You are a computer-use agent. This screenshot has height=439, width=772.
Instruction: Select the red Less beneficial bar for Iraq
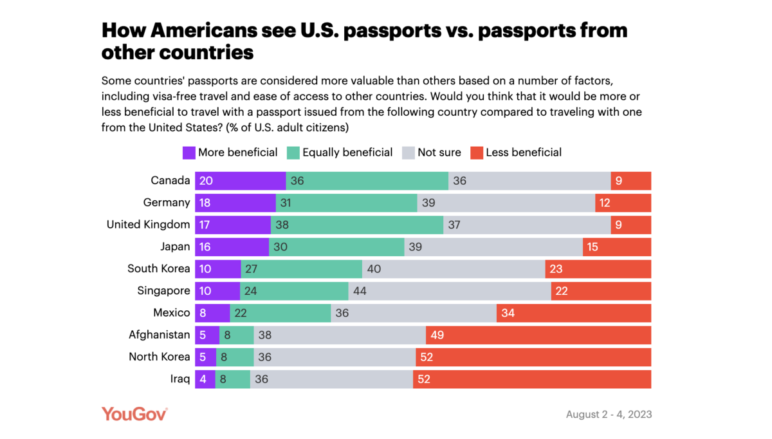point(532,379)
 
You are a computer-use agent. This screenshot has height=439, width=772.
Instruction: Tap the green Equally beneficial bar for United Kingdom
point(357,225)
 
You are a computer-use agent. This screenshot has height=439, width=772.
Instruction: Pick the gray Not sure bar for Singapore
point(450,291)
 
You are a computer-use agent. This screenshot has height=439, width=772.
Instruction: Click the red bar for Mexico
point(574,313)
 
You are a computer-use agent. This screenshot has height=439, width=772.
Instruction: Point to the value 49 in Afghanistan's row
point(437,335)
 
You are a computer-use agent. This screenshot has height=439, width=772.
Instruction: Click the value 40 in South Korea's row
point(373,268)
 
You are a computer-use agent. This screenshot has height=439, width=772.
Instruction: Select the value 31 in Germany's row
point(286,203)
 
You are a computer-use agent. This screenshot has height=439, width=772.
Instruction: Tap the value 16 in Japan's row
point(205,247)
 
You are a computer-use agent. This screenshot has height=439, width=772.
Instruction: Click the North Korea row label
point(160,357)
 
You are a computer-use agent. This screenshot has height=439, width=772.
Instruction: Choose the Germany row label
point(167,203)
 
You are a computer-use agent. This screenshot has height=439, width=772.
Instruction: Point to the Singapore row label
point(163,291)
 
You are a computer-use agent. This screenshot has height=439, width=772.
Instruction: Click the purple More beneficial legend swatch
point(188,153)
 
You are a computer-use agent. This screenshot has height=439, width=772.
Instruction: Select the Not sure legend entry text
point(439,153)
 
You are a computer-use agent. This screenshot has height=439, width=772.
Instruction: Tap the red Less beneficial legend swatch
point(476,153)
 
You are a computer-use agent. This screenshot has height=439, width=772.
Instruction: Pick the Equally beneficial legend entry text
point(347,153)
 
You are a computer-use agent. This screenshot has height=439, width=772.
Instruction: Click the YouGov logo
point(134,414)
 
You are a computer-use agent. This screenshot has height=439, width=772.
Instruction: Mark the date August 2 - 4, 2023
point(609,415)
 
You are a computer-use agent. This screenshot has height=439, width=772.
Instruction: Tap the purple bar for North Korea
point(207,357)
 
